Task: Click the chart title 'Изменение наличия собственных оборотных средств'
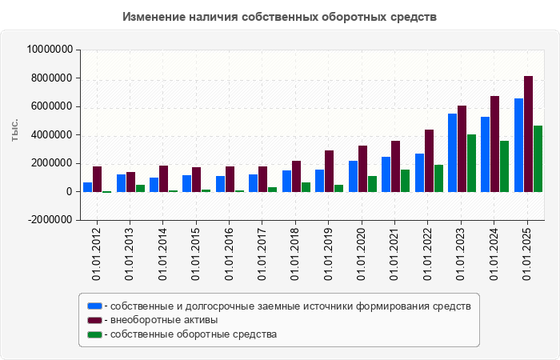280,17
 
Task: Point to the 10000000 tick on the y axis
50,50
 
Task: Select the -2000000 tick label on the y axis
50,220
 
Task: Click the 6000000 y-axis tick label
53,106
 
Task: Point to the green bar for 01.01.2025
538,159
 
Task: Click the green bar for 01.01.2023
471,163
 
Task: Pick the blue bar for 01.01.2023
452,153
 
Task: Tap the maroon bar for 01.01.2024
494,144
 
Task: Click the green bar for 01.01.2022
438,178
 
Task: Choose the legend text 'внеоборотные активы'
164,320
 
